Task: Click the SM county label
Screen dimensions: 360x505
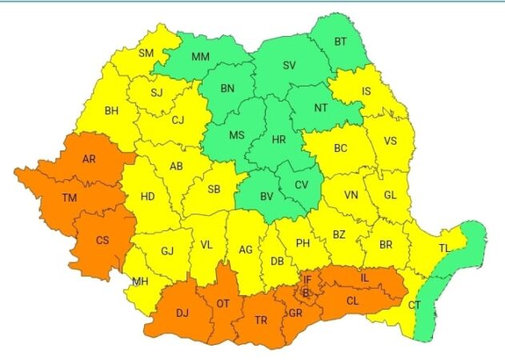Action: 146,54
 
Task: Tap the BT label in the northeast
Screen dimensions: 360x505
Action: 341,42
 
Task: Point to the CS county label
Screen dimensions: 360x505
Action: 102,240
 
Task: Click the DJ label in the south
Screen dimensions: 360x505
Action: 183,313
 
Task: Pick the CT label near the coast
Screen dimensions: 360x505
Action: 415,305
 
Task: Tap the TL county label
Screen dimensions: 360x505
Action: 444,249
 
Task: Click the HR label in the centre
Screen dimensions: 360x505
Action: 279,139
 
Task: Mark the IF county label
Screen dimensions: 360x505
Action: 307,279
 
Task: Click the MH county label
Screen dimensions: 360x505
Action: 140,281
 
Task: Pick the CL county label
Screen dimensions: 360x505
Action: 352,301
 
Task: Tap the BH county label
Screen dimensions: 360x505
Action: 112,110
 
